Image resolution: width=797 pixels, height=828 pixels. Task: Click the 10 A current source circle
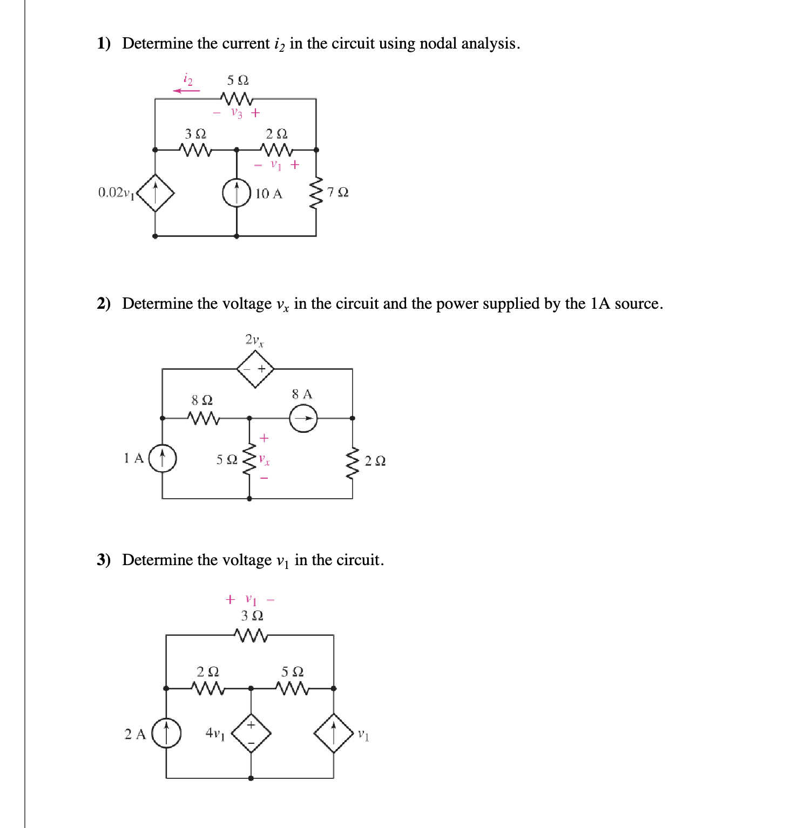pos(237,193)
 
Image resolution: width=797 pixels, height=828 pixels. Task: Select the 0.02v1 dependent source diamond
pos(156,193)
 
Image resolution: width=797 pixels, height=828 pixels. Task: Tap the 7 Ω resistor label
pos(338,193)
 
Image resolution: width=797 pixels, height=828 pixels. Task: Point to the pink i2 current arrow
pos(186,91)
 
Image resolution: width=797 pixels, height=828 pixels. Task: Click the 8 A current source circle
pos(303,418)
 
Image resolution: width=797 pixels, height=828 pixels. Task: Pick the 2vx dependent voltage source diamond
pos(255,369)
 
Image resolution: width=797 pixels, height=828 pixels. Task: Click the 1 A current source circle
pos(163,458)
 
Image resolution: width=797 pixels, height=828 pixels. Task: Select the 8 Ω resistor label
pos(202,400)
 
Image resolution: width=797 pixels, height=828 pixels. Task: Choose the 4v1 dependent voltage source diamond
pos(251,733)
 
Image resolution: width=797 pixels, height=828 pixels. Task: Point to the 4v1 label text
pos(214,734)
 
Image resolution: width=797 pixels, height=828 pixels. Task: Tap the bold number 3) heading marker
pos(104,560)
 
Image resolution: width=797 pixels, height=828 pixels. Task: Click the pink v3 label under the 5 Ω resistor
pos(237,113)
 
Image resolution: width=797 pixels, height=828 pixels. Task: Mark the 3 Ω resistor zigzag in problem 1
pos(195,149)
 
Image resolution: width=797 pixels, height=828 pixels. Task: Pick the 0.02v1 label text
pos(116,193)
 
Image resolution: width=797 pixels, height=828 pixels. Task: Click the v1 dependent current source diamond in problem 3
pos(334,733)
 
